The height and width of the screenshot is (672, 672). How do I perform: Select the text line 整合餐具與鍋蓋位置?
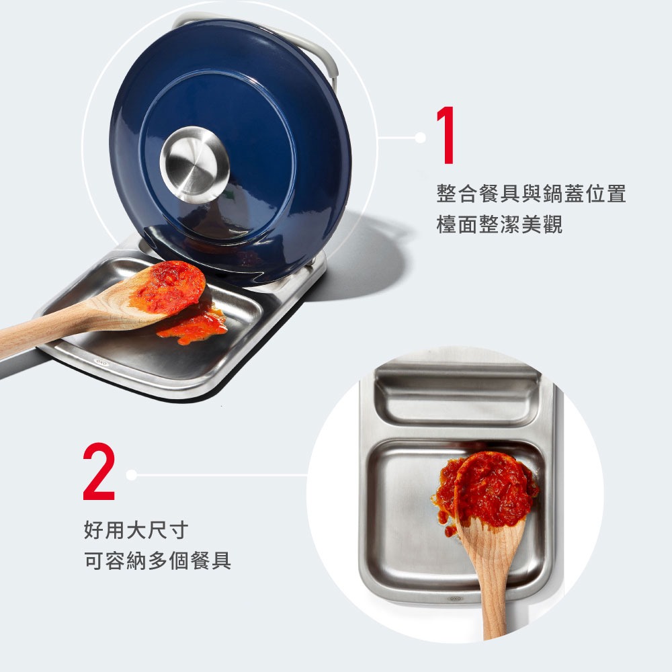pyautogui.click(x=531, y=195)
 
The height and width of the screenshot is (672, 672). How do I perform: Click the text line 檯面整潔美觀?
pyautogui.click(x=499, y=225)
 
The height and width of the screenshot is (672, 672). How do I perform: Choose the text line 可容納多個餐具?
pyautogui.click(x=158, y=561)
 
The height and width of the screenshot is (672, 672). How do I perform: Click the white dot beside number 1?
pyautogui.click(x=421, y=137)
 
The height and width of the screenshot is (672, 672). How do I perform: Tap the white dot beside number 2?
pyautogui.click(x=131, y=475)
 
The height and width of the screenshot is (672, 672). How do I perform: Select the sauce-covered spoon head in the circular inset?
pyautogui.click(x=490, y=489)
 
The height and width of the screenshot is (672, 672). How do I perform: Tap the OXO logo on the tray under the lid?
pyautogui.click(x=101, y=364)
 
